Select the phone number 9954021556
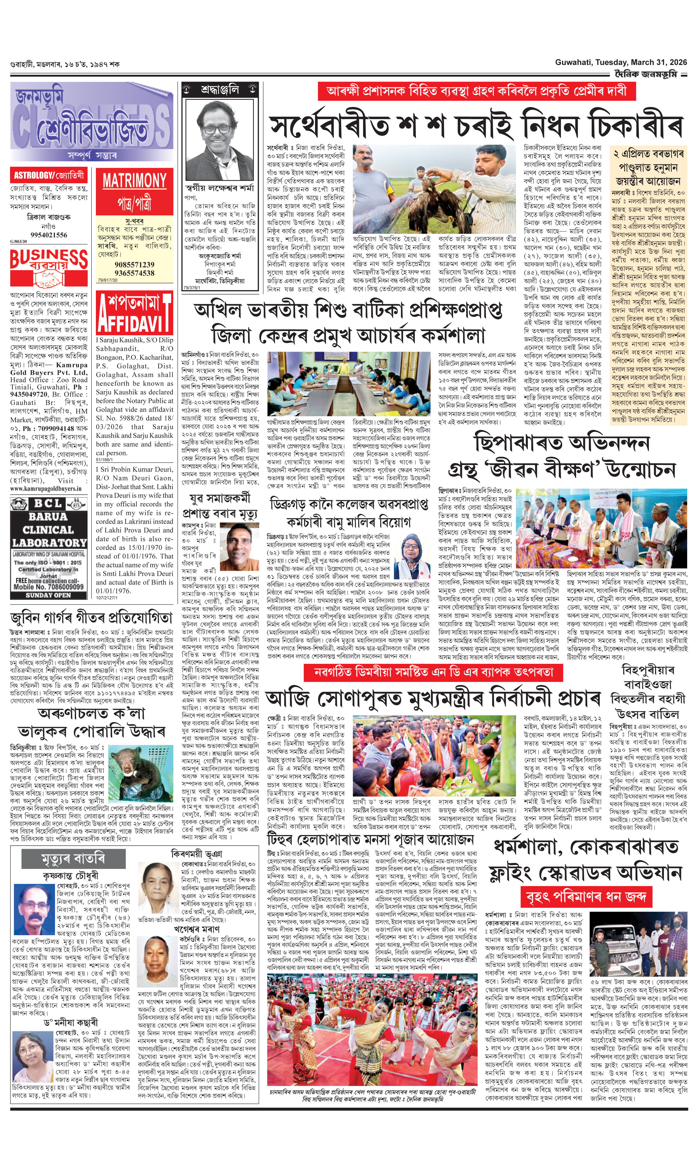(49, 235)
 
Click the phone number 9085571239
(134, 265)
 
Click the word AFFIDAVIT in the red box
(134, 323)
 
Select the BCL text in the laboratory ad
(48, 504)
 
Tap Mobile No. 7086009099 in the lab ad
(49, 587)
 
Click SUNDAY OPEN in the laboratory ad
(48, 595)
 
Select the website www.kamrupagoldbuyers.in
(46, 489)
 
